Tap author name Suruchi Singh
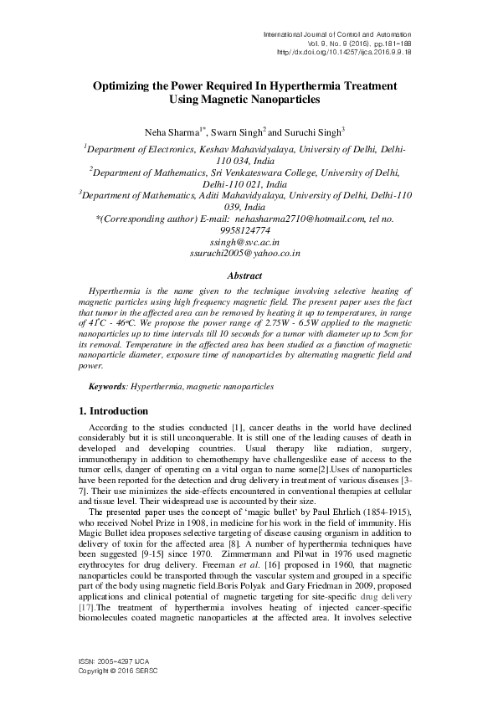click(x=311, y=131)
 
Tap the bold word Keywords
click(x=108, y=387)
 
